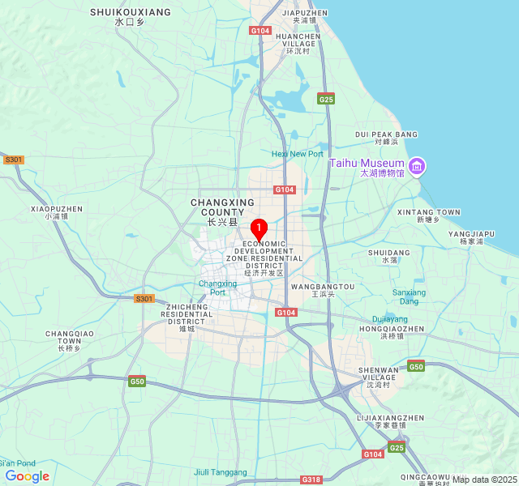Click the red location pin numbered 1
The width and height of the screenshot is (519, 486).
coord(259,229)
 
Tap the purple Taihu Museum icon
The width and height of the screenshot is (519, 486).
coord(417,168)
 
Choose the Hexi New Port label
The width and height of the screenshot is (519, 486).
coord(297,154)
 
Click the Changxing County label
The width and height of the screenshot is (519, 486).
coord(222,207)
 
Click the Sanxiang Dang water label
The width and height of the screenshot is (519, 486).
coord(409,296)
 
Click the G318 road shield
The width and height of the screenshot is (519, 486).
coord(311,480)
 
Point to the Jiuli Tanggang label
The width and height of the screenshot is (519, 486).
coord(221,472)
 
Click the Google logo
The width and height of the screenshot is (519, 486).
coord(27,476)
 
